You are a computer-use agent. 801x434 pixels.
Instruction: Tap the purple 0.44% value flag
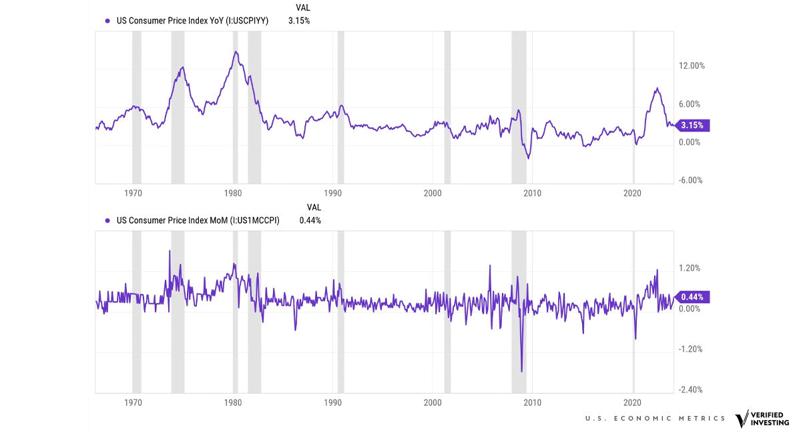tap(693, 297)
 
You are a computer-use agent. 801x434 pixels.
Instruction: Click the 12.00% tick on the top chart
tap(692, 66)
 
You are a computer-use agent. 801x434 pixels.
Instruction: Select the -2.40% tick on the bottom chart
tap(691, 390)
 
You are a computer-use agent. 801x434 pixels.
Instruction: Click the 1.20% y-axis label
tap(690, 268)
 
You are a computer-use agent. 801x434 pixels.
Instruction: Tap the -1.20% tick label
tap(690, 349)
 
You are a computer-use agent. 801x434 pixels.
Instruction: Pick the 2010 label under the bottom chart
tap(532, 404)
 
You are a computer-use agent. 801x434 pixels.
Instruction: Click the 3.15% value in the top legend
tap(299, 21)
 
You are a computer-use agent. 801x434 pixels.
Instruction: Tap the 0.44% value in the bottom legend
tap(310, 220)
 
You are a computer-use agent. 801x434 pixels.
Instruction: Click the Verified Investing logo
tap(762, 419)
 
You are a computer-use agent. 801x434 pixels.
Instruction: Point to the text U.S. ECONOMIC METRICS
tap(655, 419)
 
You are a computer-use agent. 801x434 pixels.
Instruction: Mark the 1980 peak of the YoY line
tap(235, 51)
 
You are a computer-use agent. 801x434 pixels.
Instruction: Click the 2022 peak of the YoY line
tap(657, 88)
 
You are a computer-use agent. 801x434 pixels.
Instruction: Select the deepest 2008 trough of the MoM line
tap(521, 371)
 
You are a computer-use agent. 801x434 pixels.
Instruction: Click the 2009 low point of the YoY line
tap(528, 158)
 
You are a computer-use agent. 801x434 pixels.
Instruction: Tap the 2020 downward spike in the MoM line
tap(635, 339)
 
